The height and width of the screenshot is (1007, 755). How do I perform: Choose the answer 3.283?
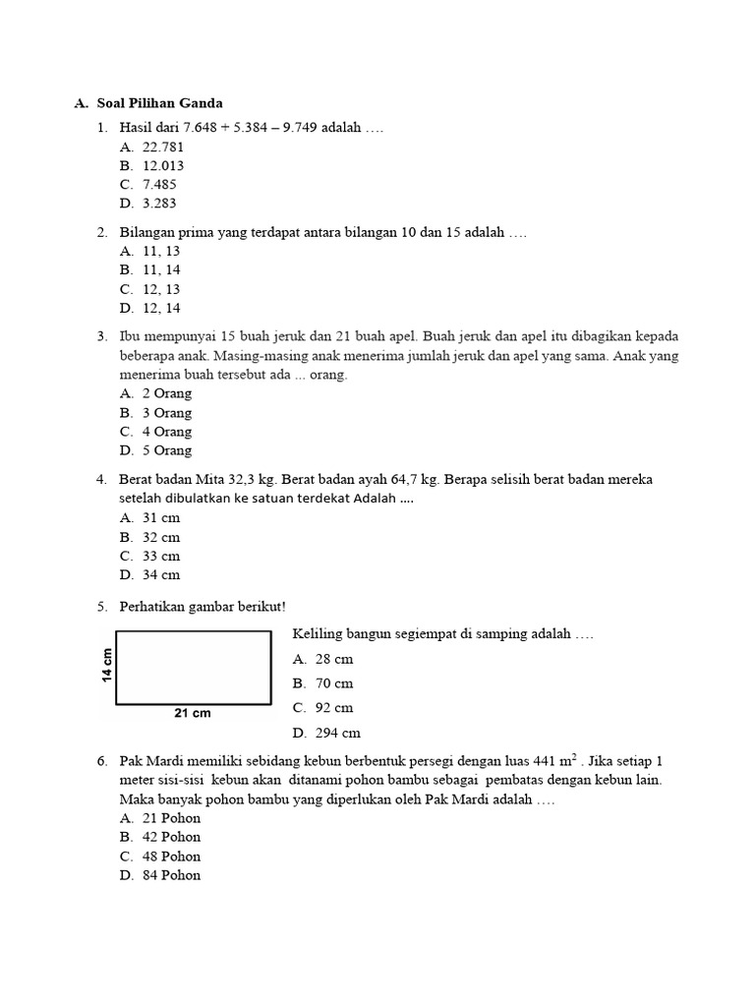click(159, 204)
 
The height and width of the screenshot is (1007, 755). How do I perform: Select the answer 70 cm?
click(333, 683)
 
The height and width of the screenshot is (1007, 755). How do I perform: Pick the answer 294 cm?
click(337, 732)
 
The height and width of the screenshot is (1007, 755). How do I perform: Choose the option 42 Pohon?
click(171, 837)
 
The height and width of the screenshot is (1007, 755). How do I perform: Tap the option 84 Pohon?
click(171, 875)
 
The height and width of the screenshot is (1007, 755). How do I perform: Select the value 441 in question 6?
click(545, 761)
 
